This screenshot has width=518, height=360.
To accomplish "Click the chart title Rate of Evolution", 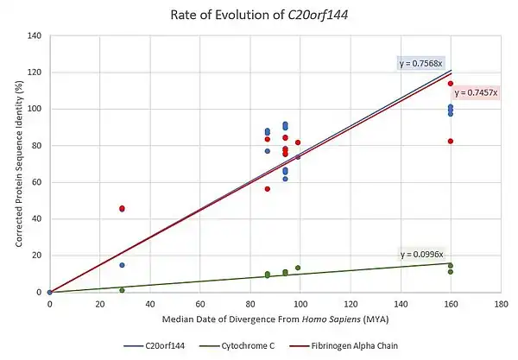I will (259, 14).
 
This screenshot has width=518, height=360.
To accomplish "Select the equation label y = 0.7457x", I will (475, 92).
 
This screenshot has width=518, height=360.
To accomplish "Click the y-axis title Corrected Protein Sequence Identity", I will (18, 164).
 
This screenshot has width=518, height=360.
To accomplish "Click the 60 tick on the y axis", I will (37, 182).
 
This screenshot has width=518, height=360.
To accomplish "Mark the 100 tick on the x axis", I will (300, 304).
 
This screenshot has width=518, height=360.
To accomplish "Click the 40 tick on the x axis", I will (150, 304).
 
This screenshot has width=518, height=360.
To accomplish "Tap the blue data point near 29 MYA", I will (122, 265).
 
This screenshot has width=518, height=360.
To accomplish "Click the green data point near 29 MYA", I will (122, 290).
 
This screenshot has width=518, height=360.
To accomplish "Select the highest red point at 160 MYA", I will (450, 84).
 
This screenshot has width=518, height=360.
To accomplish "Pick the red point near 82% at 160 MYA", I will (450, 142).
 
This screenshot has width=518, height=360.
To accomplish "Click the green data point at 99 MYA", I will (298, 268).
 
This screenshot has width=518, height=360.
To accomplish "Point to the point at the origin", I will (50, 292).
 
